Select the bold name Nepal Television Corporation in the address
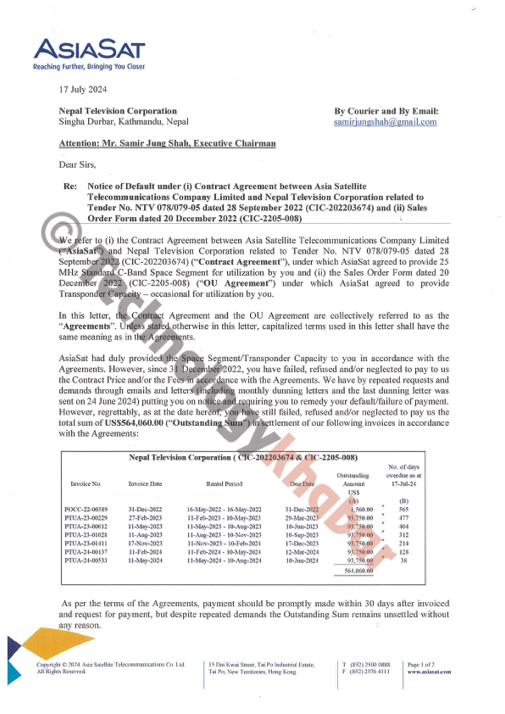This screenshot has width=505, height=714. pyautogui.click(x=117, y=111)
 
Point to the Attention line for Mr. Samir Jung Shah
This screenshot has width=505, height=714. pyautogui.click(x=167, y=143)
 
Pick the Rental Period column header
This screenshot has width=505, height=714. pyautogui.click(x=223, y=484)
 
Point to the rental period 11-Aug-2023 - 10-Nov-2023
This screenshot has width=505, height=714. pyautogui.click(x=224, y=534)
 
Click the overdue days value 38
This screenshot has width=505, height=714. pyautogui.click(x=403, y=560)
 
